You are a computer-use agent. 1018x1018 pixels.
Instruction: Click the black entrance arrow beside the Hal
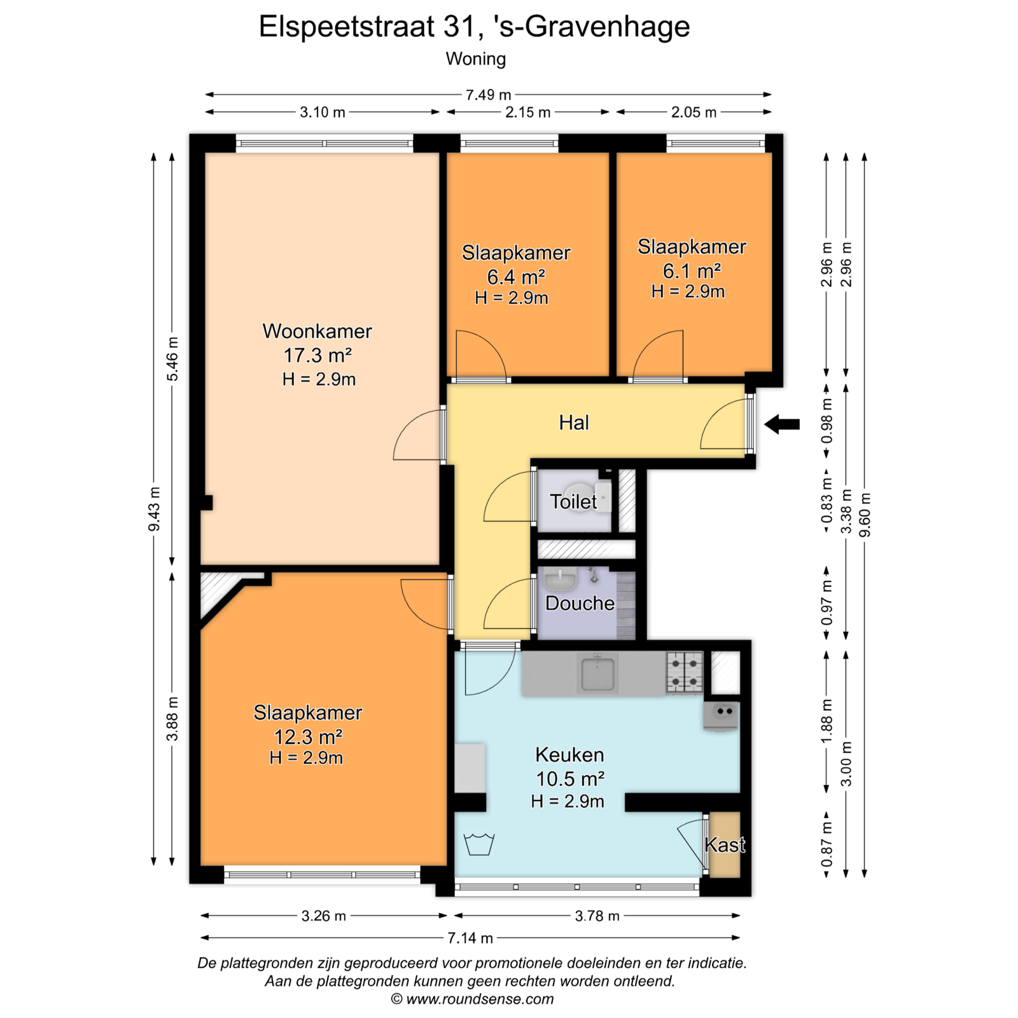point(782,424)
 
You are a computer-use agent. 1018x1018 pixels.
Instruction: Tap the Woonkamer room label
point(317,331)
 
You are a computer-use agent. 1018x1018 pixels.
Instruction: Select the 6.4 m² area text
point(516,277)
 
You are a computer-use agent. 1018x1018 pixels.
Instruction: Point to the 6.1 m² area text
point(692,271)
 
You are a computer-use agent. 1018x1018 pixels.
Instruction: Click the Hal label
point(574,422)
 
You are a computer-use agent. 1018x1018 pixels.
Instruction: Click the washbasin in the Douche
point(560,580)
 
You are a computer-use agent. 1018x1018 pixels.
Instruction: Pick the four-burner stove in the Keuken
point(685,673)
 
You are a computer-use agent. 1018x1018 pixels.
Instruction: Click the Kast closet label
point(725,844)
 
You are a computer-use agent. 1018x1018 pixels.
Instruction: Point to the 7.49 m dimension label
point(488,95)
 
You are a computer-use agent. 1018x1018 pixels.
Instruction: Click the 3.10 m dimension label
point(323,112)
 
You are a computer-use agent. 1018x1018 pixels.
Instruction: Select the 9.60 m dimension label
point(865,515)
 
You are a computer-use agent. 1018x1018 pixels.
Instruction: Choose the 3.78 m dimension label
point(597,916)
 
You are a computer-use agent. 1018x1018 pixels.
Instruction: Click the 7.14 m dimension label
point(470,938)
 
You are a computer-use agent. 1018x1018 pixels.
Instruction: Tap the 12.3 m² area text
point(308,737)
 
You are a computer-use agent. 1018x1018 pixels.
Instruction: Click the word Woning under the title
point(476,59)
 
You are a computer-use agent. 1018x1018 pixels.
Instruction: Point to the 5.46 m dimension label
point(172,359)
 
